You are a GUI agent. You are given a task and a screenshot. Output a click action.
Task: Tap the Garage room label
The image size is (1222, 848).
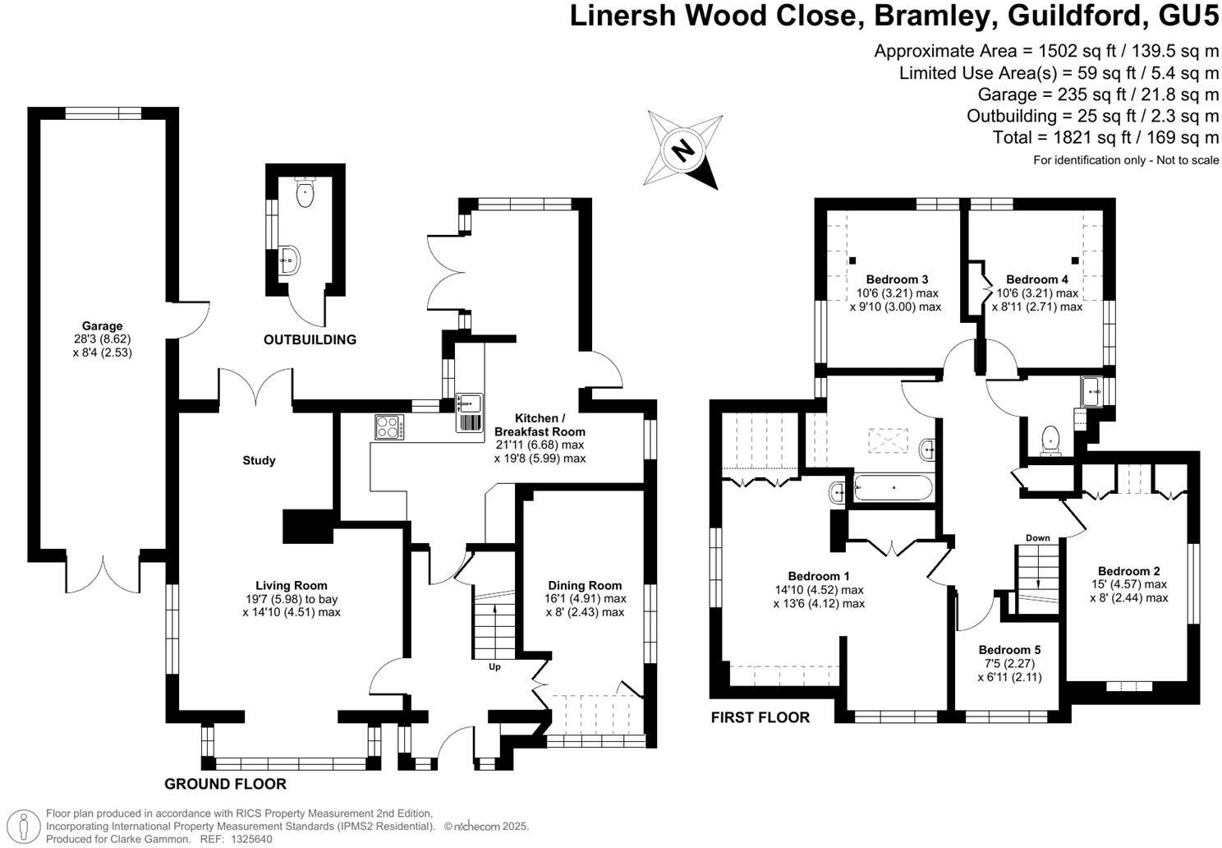click(102, 326)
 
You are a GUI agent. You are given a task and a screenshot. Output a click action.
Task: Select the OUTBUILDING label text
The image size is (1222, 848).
click(310, 339)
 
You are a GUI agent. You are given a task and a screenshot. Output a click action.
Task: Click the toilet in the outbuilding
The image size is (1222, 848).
click(305, 194)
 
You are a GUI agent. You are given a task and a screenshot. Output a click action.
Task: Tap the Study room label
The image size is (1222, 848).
click(259, 460)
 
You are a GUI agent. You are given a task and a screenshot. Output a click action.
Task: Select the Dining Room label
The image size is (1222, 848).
click(585, 586)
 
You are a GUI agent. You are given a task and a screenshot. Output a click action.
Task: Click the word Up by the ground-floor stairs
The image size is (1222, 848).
click(494, 666)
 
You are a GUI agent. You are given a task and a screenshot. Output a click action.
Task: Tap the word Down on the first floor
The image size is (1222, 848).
click(1037, 538)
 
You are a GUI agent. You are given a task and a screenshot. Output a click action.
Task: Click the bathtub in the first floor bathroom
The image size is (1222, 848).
click(894, 489)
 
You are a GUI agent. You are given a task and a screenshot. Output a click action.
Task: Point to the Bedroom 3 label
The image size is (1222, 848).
click(897, 279)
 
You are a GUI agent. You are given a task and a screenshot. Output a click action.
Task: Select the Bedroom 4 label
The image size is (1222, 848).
click(1037, 279)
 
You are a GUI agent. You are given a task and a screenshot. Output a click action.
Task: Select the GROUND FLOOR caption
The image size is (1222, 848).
click(225, 784)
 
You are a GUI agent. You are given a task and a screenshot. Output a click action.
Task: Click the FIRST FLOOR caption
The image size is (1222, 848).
click(760, 717)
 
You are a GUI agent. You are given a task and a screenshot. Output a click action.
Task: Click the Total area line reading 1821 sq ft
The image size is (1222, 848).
click(1105, 137)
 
